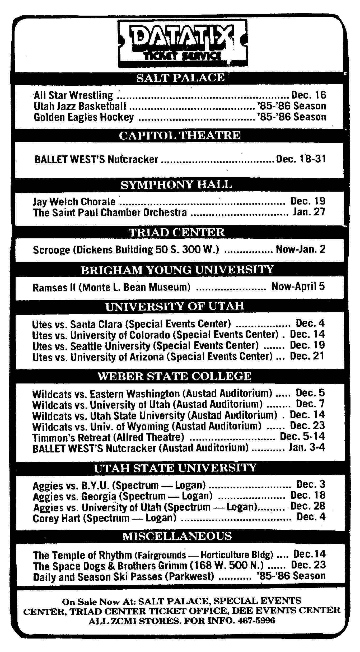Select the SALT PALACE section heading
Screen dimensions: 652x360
(x=180, y=78)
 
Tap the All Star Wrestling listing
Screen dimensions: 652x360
(x=73, y=95)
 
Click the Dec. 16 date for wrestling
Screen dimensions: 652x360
(x=308, y=95)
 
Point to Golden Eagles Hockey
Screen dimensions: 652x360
(x=84, y=117)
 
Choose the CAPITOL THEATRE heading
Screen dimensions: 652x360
(x=180, y=136)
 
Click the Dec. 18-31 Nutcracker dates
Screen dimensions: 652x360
(x=301, y=159)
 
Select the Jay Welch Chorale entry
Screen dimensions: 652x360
(x=74, y=202)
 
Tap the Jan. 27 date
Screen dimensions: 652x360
(x=309, y=212)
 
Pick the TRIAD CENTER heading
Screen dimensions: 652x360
(x=176, y=232)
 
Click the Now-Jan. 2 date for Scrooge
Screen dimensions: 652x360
(x=301, y=249)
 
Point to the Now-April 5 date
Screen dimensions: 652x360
(x=298, y=286)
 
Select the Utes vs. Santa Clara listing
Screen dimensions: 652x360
(x=131, y=324)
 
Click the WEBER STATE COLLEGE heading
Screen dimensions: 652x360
(x=174, y=376)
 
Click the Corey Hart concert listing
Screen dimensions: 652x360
(x=105, y=518)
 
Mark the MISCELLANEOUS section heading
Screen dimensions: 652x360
(x=177, y=536)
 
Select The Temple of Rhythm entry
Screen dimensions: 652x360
(x=153, y=554)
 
